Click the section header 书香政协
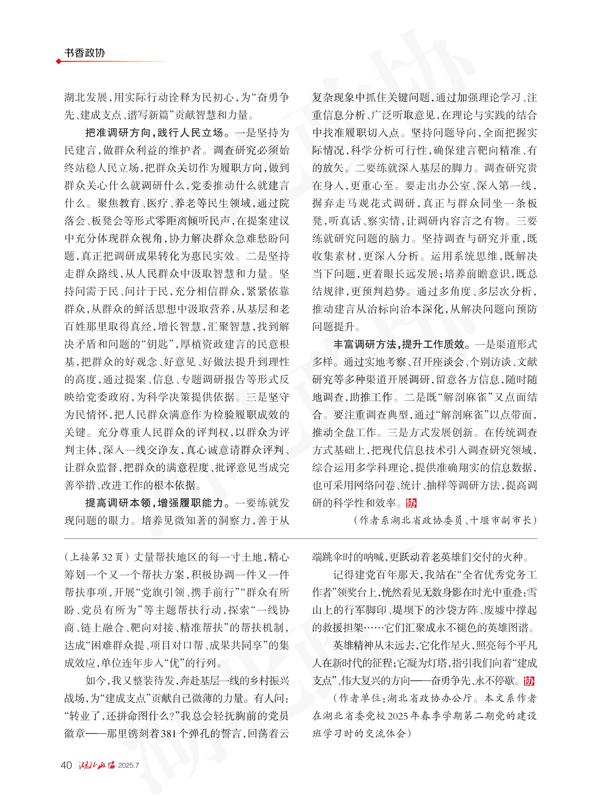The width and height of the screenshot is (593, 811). tap(85, 53)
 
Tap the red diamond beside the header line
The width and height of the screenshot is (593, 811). tap(58, 62)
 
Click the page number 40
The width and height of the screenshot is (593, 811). tap(66, 765)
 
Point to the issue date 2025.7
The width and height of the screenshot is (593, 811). tap(128, 765)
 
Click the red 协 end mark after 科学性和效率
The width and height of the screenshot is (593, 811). tap(411, 503)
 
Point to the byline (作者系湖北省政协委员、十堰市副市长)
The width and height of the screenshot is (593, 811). tap(445, 520)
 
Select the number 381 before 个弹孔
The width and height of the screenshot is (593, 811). tap(169, 733)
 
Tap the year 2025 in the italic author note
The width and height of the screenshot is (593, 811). tap(397, 716)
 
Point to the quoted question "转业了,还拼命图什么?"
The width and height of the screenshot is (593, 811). tap(121, 716)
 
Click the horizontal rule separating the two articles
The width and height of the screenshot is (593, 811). tap(300, 539)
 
